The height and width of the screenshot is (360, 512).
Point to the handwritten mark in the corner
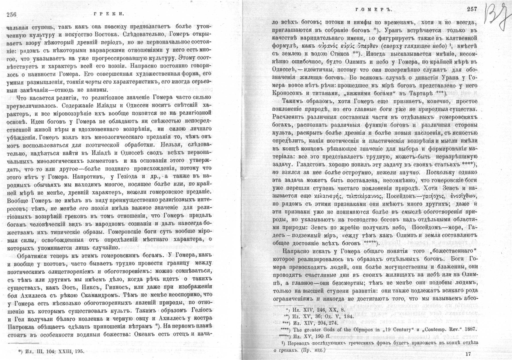point(497,17)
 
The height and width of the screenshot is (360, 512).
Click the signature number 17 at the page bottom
point(469,354)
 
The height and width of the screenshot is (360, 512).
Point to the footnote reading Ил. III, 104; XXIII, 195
point(54,351)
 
